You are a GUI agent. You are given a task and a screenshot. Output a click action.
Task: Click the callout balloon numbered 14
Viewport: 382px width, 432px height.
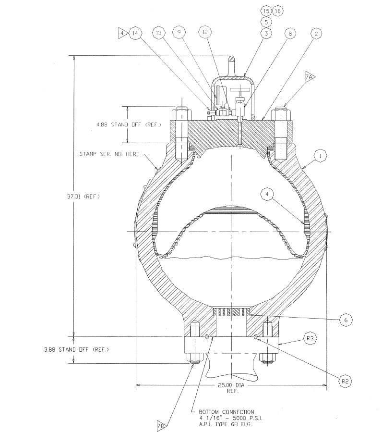[135, 33]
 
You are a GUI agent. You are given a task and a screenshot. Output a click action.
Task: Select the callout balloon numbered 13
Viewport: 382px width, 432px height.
[159, 33]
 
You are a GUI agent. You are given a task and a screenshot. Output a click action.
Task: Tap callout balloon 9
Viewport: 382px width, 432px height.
[179, 33]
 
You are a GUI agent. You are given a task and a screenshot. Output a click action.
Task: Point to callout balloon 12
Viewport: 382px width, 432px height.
[205, 32]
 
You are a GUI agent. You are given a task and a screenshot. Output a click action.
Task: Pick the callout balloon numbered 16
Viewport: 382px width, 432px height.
[277, 11]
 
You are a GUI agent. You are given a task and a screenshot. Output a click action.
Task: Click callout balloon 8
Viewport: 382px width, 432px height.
[290, 34]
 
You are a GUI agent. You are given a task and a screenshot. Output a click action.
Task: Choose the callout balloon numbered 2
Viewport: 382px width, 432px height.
[316, 34]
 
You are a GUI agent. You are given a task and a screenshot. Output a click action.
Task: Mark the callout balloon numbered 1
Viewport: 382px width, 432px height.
[321, 156]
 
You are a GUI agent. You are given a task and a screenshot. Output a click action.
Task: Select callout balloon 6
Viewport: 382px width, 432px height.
[346, 320]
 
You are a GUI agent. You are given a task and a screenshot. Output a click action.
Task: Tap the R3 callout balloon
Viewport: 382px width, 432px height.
[310, 338]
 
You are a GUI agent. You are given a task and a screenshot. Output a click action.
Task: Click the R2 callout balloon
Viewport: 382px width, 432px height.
[345, 382]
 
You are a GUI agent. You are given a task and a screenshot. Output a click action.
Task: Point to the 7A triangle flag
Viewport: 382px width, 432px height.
[310, 77]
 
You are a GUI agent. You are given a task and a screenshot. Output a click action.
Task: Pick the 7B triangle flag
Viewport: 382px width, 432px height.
[162, 426]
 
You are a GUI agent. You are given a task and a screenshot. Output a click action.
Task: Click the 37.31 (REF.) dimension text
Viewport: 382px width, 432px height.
[84, 197]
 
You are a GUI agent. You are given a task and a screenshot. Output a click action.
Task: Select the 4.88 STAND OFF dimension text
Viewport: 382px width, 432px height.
[129, 124]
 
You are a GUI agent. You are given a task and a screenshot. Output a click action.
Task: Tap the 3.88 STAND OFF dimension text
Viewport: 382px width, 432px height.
[76, 350]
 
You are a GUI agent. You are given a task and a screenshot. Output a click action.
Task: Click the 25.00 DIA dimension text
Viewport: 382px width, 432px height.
[231, 385]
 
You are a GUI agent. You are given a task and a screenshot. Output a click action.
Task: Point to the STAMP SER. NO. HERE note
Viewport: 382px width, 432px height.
[109, 154]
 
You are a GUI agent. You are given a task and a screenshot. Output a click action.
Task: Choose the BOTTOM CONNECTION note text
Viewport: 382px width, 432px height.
[227, 412]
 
